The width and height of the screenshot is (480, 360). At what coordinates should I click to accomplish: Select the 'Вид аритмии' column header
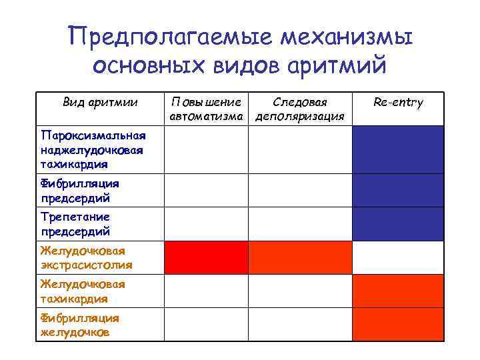point(100,102)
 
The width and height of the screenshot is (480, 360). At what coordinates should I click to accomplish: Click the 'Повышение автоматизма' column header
point(206,109)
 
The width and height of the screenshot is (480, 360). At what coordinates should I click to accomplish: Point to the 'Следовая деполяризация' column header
point(300,109)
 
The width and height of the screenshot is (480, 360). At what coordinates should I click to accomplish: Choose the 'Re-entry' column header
point(398,102)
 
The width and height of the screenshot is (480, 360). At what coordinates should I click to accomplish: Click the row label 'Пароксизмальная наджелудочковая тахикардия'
point(91,149)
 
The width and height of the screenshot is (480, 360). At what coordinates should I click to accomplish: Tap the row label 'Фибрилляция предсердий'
point(79,190)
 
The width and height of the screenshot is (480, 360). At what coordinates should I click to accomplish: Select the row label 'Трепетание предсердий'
point(75,224)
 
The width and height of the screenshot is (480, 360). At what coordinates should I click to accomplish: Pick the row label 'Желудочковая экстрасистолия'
point(86,257)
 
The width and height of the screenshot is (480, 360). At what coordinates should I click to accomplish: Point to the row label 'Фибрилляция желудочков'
point(79,325)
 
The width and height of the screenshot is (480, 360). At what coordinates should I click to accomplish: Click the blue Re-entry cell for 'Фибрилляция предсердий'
point(397,190)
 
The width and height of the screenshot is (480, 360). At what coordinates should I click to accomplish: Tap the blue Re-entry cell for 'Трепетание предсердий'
point(397,224)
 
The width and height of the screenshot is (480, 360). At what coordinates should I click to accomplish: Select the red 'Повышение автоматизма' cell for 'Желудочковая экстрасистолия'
point(206,257)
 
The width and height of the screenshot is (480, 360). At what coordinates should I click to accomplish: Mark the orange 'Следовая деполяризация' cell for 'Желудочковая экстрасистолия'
point(300,257)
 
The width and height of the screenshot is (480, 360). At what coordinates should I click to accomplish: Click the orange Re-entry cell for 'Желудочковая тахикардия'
point(397,291)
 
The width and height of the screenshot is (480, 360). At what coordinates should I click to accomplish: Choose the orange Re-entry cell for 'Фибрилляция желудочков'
point(397,325)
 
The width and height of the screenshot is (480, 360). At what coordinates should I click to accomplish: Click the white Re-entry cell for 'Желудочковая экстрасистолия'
point(397,257)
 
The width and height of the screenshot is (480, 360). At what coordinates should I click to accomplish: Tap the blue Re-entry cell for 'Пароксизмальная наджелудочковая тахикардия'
point(397,149)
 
